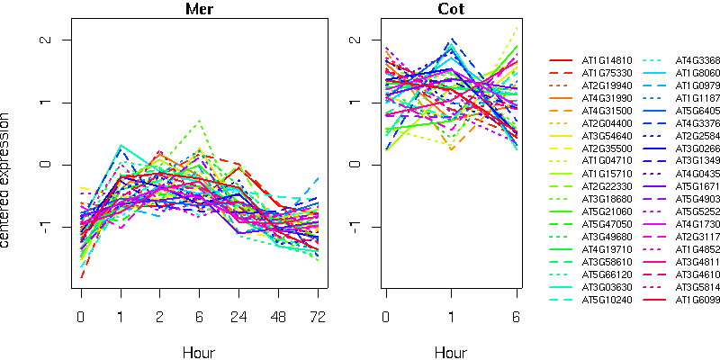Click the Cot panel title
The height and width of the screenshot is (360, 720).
click(451, 10)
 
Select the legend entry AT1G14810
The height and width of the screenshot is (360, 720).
click(607, 60)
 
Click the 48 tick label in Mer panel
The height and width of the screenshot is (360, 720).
click(277, 318)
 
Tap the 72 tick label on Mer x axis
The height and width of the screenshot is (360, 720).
click(318, 318)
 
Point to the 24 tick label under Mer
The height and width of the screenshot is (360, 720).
click(238, 318)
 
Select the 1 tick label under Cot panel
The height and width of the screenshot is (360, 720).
click(451, 318)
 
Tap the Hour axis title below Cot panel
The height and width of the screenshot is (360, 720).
click(451, 353)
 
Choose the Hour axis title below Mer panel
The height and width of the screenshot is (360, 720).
click(199, 353)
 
